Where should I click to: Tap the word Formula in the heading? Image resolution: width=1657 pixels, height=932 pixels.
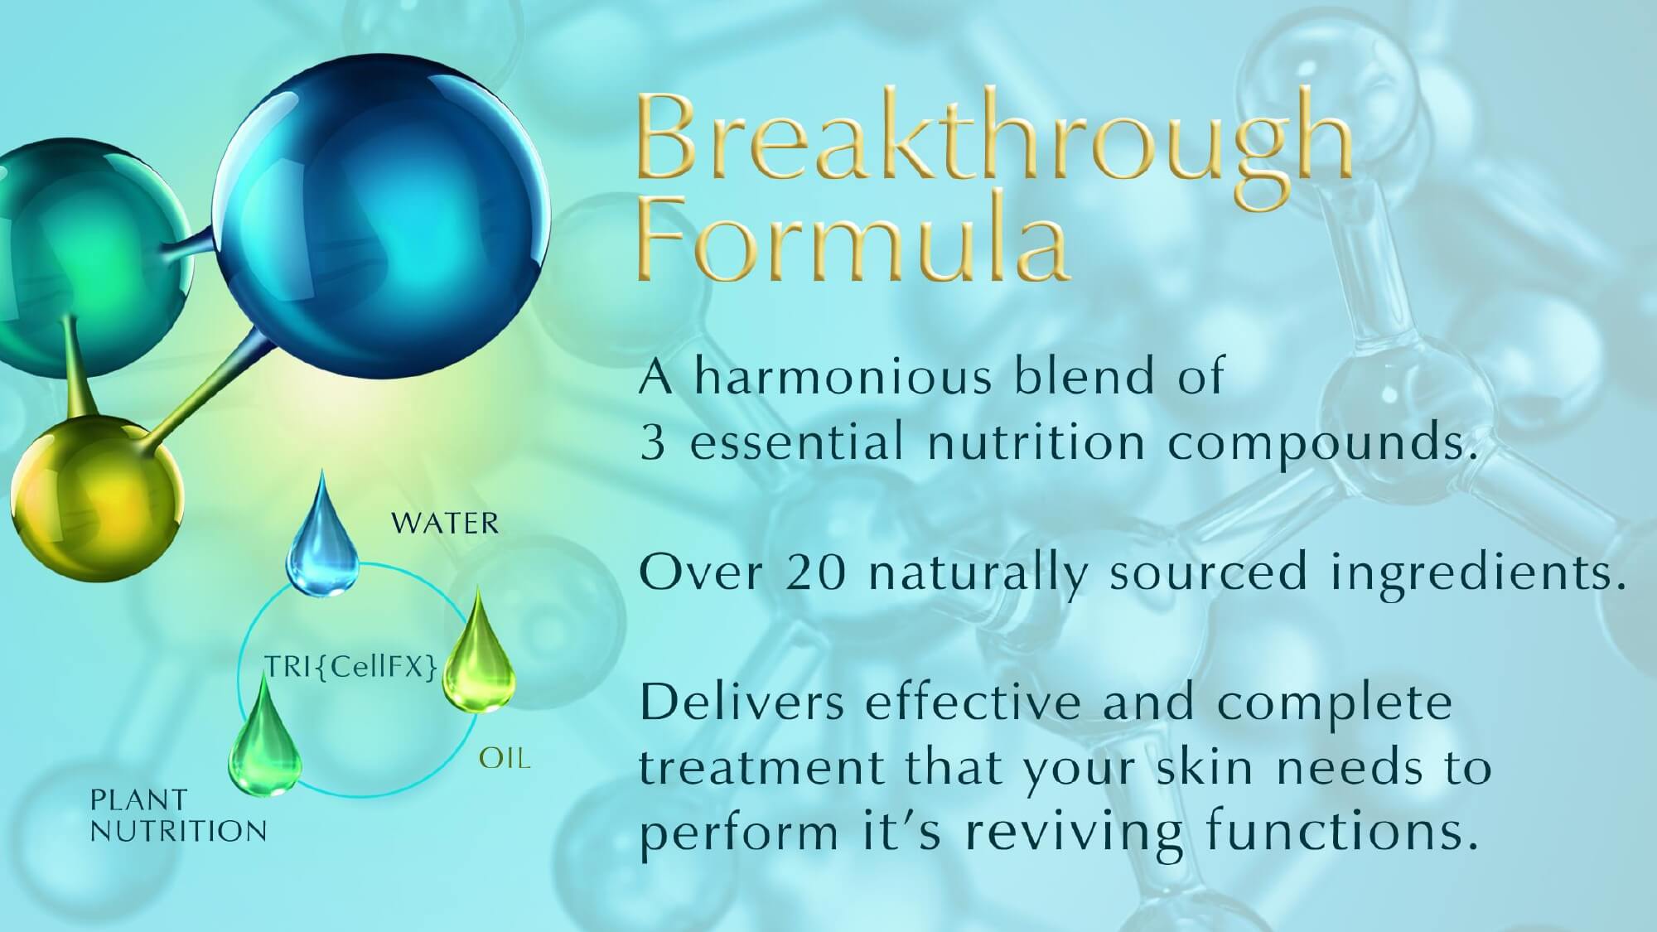[x=853, y=240]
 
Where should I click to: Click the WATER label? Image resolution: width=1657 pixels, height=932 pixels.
[x=445, y=524]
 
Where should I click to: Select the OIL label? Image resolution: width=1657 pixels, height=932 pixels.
[x=505, y=758]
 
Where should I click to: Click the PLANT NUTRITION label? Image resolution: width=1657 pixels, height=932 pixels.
[x=178, y=816]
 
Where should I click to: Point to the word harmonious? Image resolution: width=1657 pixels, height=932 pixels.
[x=843, y=377]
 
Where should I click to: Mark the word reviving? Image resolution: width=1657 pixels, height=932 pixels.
[x=1076, y=833]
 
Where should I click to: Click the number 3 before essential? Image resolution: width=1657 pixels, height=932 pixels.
[x=653, y=443]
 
